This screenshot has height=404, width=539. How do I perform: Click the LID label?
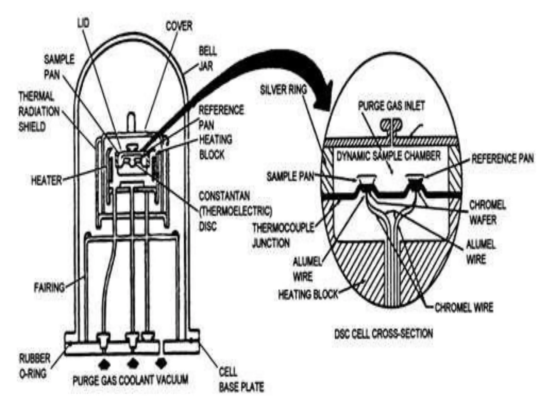click(83, 23)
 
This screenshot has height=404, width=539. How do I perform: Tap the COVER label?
click(179, 26)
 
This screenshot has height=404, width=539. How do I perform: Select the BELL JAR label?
click(208, 59)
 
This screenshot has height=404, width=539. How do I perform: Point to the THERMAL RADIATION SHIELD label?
click(39, 112)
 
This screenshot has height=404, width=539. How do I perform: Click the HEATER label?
click(47, 181)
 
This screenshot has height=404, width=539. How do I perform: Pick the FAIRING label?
click(49, 287)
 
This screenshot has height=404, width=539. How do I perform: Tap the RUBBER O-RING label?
click(34, 366)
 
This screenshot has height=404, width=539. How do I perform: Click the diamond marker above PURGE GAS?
click(104, 364)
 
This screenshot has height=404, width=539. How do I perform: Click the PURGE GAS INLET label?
click(391, 106)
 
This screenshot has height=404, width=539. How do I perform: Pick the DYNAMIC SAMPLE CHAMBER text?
click(388, 156)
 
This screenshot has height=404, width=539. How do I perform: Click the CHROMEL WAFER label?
click(487, 213)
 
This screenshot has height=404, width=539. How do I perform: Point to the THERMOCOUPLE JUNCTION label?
click(283, 235)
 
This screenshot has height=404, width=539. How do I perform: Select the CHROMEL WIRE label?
click(464, 307)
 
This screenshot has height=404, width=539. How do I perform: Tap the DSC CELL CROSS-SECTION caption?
click(383, 334)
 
